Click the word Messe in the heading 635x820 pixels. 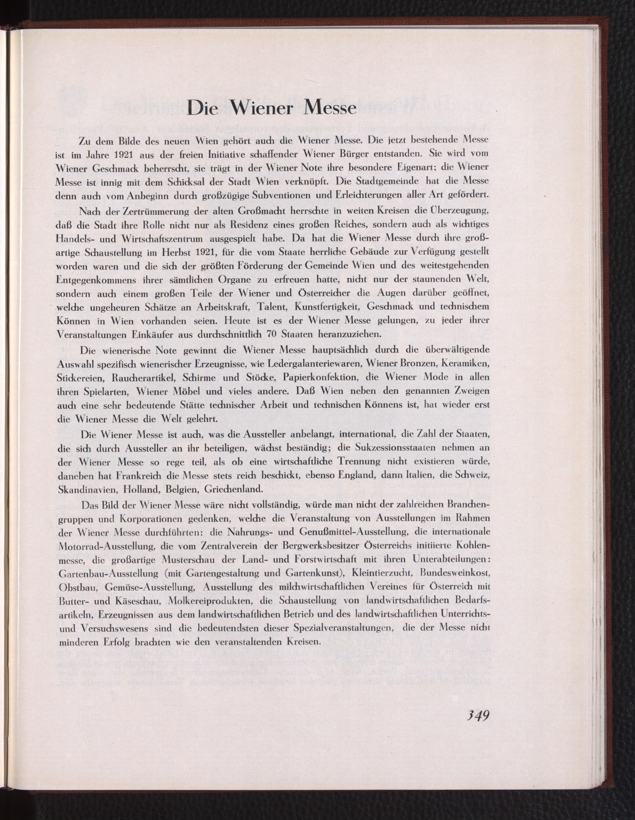point(330,108)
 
